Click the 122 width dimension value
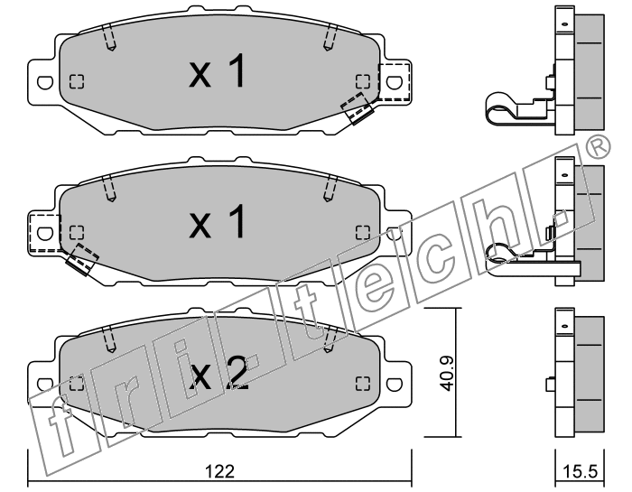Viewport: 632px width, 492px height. pyautogui.click(x=219, y=470)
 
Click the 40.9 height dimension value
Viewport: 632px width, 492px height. pyautogui.click(x=447, y=373)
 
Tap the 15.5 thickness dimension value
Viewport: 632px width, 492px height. pyautogui.click(x=580, y=471)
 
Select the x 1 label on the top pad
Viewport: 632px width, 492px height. pyautogui.click(x=217, y=71)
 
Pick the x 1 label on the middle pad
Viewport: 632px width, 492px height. pyautogui.click(x=217, y=221)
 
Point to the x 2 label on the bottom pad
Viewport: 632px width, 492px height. pyautogui.click(x=218, y=373)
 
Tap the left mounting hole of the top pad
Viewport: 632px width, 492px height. pyautogui.click(x=45, y=82)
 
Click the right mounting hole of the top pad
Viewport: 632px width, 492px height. pyautogui.click(x=395, y=82)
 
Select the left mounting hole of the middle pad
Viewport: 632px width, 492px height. pyautogui.click(x=45, y=233)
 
